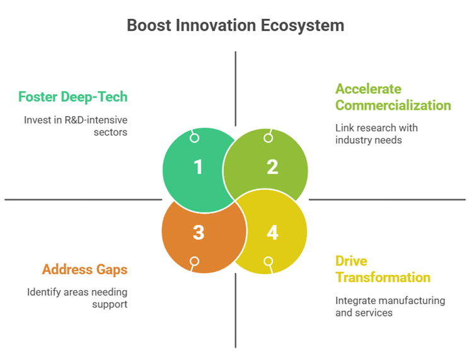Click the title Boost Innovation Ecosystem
point(236,25)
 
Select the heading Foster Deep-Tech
point(72,97)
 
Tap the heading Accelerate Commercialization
point(393,97)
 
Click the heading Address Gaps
point(84,270)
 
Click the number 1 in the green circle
point(199,167)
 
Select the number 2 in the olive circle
point(272,167)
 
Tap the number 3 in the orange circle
point(199,233)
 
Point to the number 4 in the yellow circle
point(272,233)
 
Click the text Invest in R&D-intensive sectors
point(76,126)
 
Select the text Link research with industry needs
point(376,134)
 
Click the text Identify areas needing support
point(77,298)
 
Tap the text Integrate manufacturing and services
point(390,306)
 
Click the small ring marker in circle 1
point(195,138)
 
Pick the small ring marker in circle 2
point(268,138)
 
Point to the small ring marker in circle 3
point(195,261)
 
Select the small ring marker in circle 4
point(268,261)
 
